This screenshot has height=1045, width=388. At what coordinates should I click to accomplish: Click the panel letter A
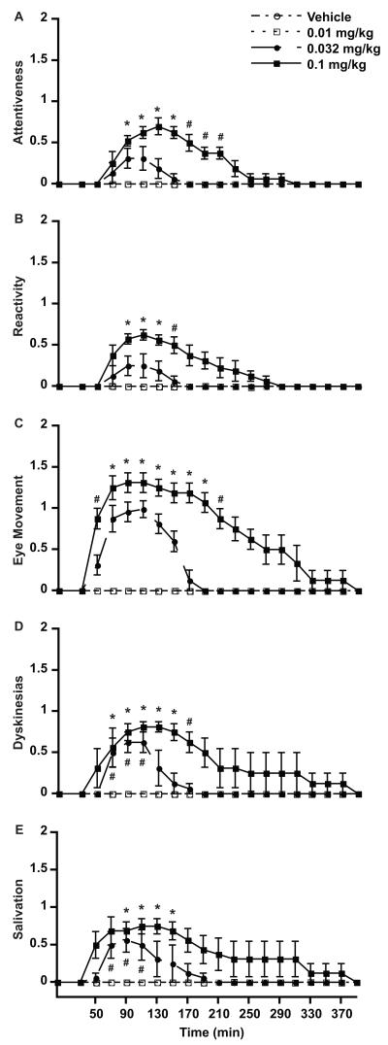pyautogui.click(x=8, y=14)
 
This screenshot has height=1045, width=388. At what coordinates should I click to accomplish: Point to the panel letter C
pyautogui.click(x=8, y=421)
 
